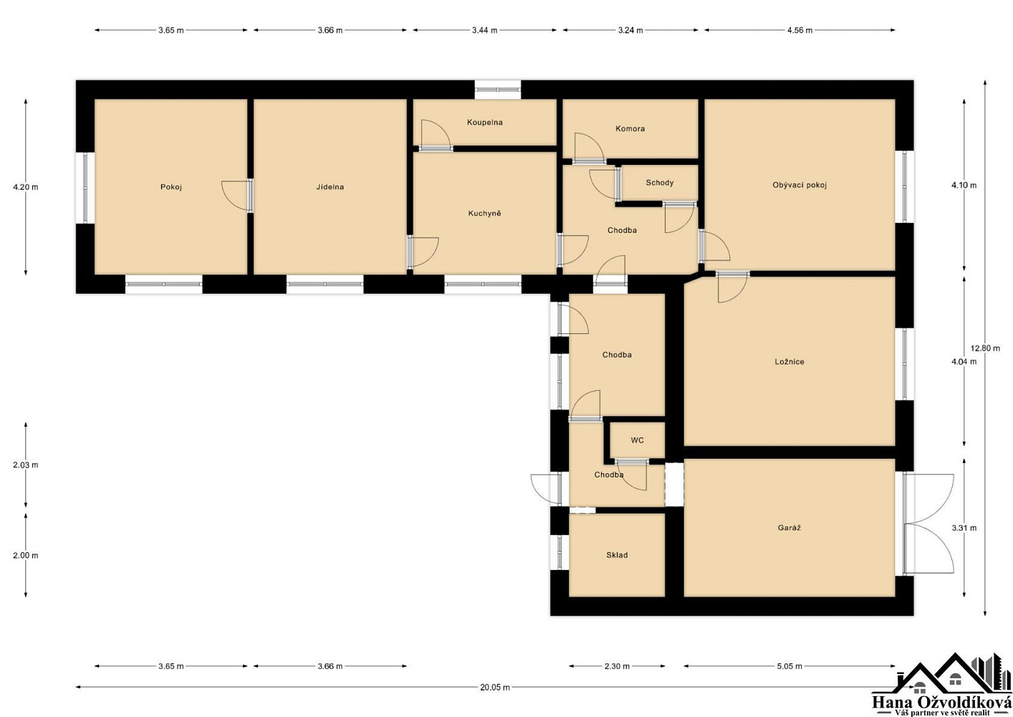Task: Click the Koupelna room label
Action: pos(485,122)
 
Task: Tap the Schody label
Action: pos(660,183)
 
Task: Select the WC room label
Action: pos(637,440)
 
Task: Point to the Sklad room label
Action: pos(617,555)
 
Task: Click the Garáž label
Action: pos(789,528)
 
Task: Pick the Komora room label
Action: pos(630,128)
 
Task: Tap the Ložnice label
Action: pos(789,361)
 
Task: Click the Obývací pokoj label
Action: pos(800,185)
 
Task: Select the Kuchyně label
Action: pos(485,213)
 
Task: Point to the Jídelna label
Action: pos(330,186)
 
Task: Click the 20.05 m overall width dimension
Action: pos(495,687)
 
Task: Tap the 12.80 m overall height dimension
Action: pos(985,348)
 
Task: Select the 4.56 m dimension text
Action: pos(800,30)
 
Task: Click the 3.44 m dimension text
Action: pos(485,30)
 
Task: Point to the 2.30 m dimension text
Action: pos(617,666)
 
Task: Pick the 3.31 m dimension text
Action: pos(964,528)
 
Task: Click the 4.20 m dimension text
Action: pos(26,187)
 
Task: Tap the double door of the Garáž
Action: pos(928,524)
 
